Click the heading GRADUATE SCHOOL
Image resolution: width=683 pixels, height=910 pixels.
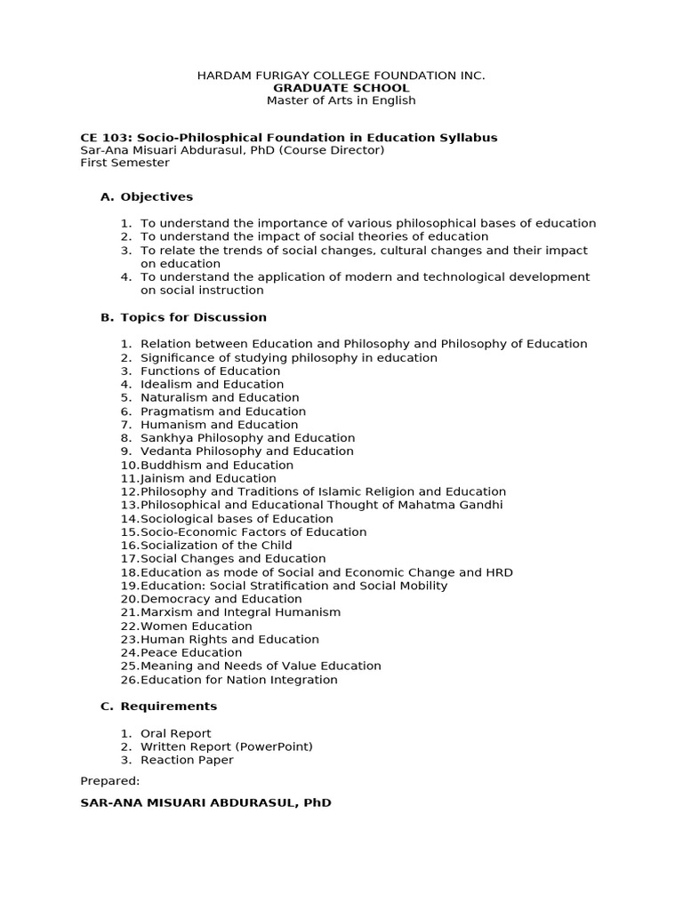coord(341,88)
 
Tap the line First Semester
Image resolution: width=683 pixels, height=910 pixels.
coord(125,163)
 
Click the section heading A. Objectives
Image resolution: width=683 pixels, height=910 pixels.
coord(147,196)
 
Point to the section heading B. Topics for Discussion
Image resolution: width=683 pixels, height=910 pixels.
coord(183,317)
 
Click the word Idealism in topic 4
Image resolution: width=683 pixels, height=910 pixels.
coord(165,384)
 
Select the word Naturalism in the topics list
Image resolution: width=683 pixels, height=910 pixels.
coord(174,397)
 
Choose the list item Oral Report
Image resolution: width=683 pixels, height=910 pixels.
coord(176,733)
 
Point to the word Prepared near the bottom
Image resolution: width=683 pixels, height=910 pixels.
coord(109,780)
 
